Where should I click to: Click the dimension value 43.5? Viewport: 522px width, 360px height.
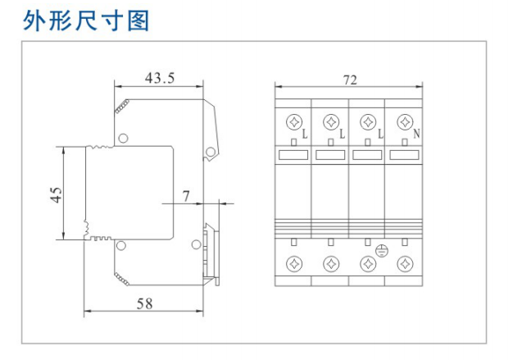[160, 79]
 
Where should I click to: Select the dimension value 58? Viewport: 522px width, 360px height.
[144, 303]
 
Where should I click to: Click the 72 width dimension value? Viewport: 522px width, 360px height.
[350, 80]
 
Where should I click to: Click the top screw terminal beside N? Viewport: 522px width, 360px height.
[404, 122]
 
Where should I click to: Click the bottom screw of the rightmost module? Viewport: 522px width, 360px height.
[404, 263]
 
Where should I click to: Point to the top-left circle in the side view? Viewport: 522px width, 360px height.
[123, 138]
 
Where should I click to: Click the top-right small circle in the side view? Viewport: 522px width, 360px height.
[212, 151]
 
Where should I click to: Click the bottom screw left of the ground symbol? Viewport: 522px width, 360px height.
[368, 263]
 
